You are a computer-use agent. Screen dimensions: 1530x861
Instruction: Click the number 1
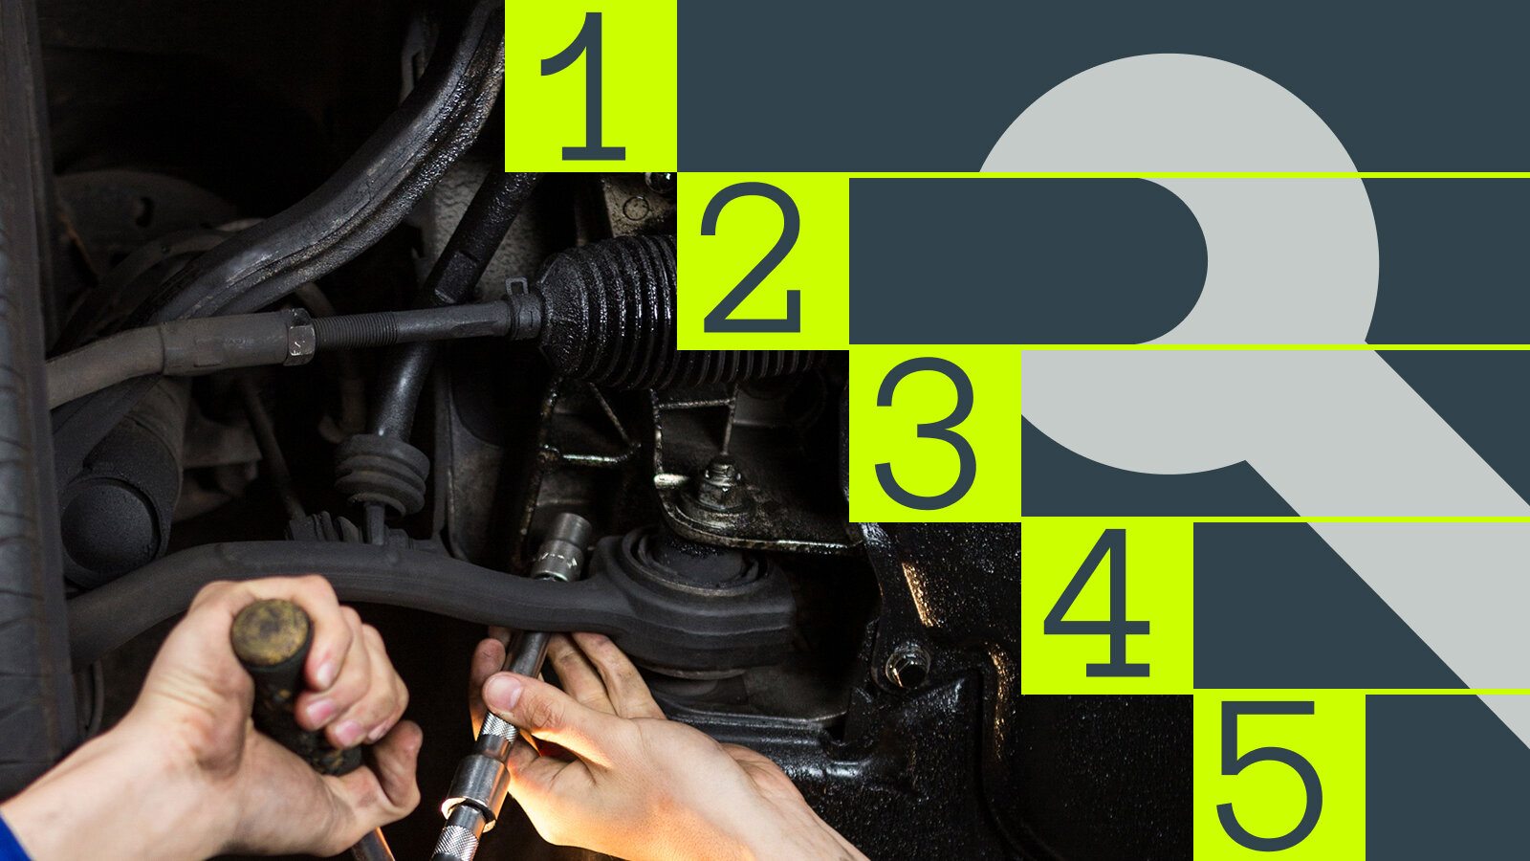(x=584, y=86)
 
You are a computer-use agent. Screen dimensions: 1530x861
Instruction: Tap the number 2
(x=752, y=257)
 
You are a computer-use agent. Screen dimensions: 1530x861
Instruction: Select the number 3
(x=926, y=433)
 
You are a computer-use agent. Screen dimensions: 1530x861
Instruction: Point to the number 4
(x=1096, y=603)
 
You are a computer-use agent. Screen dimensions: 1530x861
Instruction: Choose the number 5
(x=1270, y=775)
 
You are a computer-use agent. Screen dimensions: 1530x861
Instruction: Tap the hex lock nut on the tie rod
(x=298, y=336)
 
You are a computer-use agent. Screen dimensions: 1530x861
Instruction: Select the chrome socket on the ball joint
(x=562, y=546)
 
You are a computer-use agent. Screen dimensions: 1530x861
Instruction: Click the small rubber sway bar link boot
(x=382, y=472)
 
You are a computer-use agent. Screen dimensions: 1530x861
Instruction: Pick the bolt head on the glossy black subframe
(x=907, y=665)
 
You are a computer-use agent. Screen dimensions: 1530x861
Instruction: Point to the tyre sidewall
(x=28, y=410)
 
